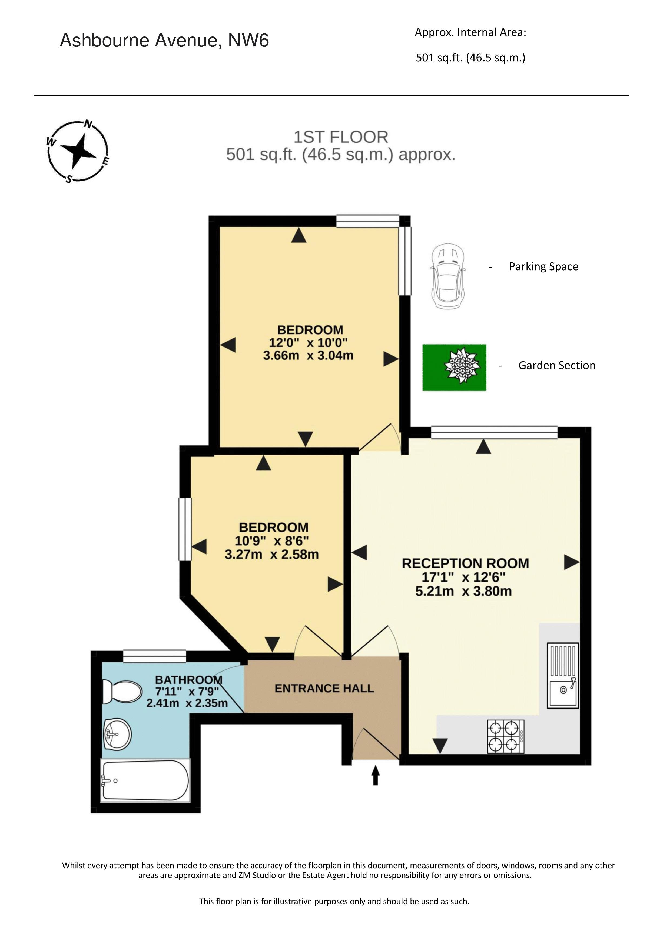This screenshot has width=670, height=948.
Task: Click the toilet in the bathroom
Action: (122, 692)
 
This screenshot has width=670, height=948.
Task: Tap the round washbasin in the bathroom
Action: (117, 735)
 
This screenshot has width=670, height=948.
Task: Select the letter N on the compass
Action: (88, 124)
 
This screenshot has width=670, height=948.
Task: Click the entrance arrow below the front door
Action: (376, 775)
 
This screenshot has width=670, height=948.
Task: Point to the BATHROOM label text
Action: (189, 680)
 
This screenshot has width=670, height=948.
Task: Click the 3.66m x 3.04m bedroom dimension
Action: (308, 356)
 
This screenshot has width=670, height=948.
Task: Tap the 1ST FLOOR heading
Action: (341, 137)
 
